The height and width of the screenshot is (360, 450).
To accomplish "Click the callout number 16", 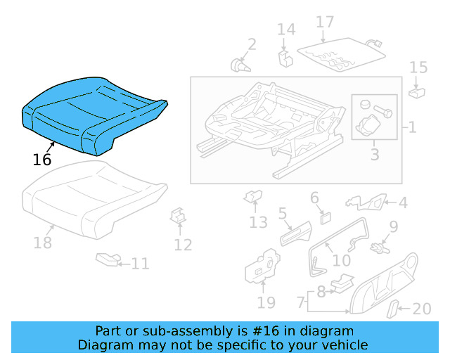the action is tap(42, 160).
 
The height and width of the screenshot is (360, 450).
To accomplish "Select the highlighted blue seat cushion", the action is tap(91, 116).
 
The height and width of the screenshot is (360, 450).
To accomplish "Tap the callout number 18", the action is tap(43, 243).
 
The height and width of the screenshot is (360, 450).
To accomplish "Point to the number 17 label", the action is tap(325, 22).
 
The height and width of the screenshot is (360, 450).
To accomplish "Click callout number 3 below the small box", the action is tap(375, 153).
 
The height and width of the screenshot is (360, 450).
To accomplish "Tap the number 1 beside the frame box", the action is tap(412, 128).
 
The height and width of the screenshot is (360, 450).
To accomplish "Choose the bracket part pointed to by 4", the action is tap(367, 204).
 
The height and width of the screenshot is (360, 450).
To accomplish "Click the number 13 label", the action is tap(258, 222).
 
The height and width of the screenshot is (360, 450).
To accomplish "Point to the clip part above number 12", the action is tap(179, 215).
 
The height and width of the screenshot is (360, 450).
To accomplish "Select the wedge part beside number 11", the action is tap(107, 260).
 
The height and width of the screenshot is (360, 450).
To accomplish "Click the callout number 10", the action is tap(341, 260).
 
